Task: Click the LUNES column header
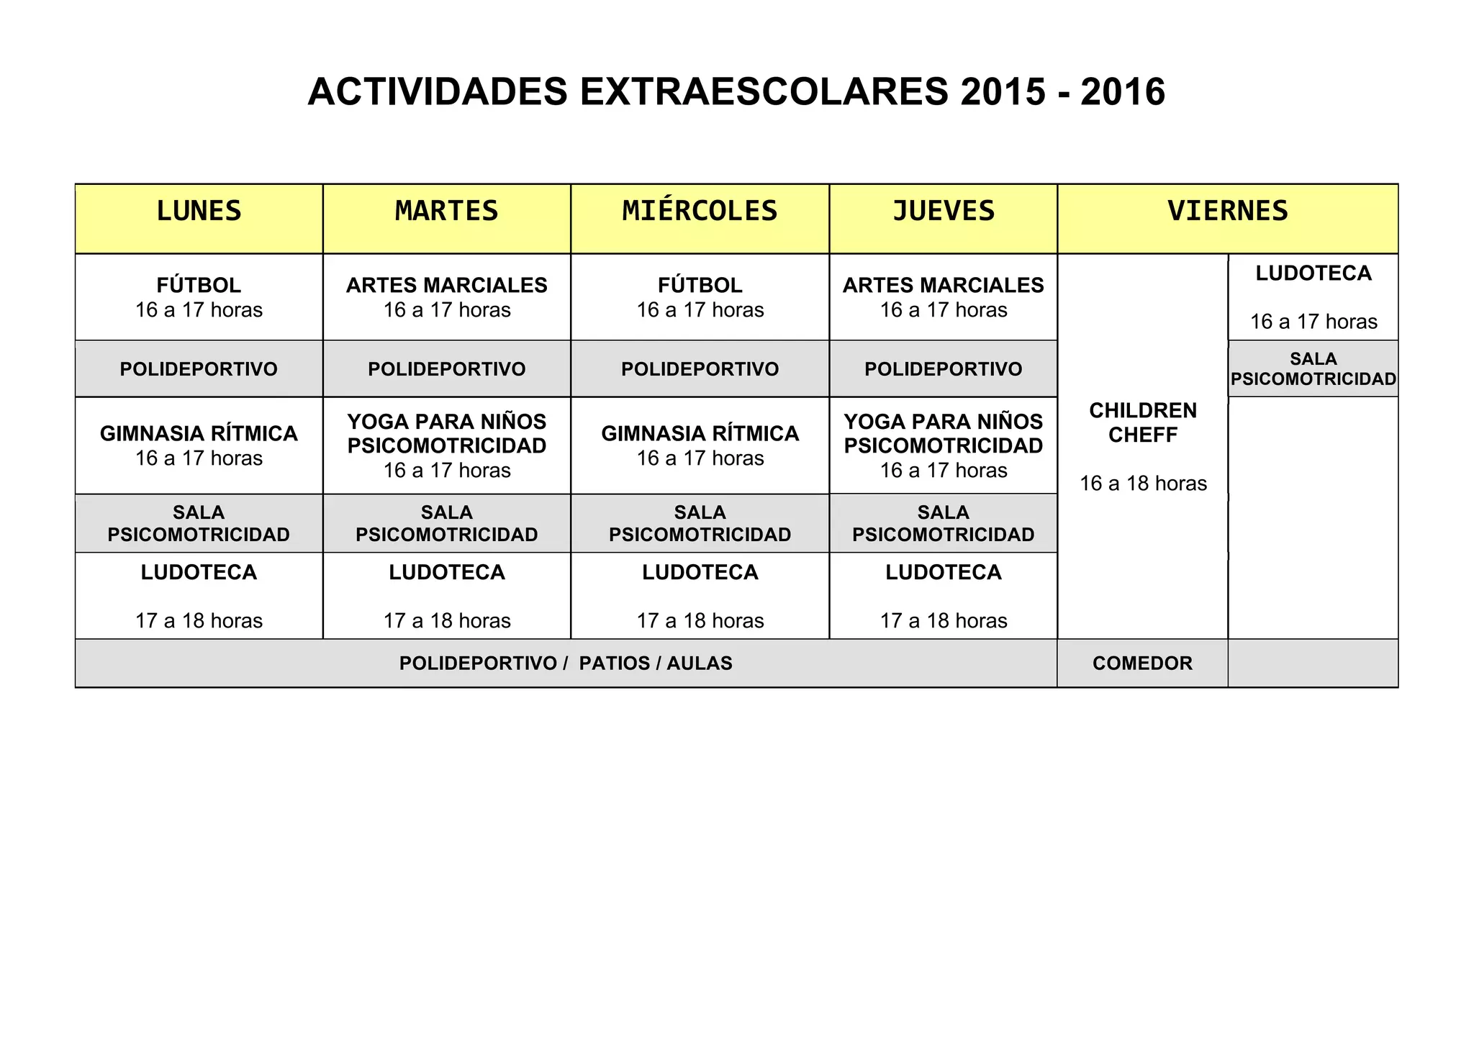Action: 199,211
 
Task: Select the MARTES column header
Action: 446,211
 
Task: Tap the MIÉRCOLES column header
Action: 700,211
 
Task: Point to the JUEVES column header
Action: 943,211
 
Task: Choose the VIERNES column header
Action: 1227,211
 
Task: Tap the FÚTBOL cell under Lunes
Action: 199,286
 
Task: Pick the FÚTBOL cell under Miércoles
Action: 700,286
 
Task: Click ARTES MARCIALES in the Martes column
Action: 446,286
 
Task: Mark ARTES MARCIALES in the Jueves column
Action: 943,286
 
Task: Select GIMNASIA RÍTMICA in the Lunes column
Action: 199,434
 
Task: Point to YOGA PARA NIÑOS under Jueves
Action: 943,422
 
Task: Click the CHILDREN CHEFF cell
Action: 1142,423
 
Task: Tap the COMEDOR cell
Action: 1142,663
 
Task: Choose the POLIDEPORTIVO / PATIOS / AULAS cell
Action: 566,663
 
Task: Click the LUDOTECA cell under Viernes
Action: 1313,273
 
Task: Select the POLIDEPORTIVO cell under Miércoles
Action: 700,369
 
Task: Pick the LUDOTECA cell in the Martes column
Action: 446,573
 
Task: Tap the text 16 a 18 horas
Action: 1142,484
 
